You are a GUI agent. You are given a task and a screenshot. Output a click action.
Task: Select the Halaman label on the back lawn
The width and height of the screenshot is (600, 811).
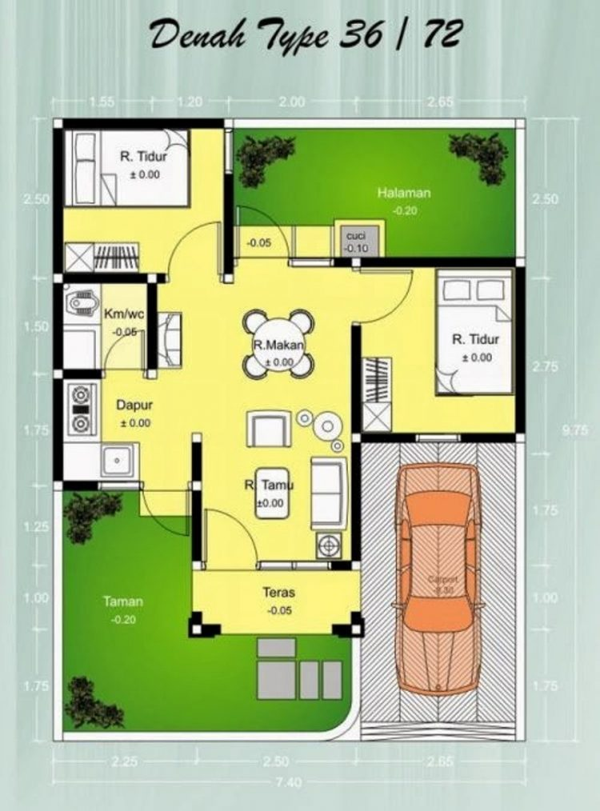coord(404,193)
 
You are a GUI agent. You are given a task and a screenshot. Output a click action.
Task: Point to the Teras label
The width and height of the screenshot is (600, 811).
coord(279,593)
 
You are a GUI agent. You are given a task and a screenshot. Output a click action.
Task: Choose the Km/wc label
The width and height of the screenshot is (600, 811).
coord(122,314)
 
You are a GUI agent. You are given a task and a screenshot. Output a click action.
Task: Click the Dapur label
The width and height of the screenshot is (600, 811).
coord(134,405)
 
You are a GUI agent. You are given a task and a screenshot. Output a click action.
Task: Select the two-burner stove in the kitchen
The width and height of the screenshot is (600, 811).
coord(81,409)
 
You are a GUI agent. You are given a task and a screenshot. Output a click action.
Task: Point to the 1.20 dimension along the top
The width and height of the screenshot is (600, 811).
coord(190,102)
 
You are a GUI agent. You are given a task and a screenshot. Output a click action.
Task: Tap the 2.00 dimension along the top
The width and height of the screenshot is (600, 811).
coord(293,102)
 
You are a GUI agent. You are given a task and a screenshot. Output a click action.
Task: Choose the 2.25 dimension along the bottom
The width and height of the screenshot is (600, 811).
coord(122,761)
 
